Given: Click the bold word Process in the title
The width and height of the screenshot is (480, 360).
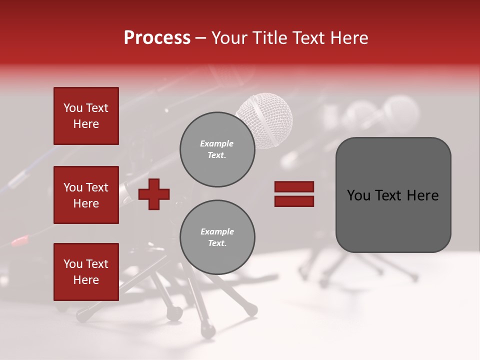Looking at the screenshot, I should [157, 37].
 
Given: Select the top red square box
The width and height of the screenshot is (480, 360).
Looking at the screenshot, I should [86, 116].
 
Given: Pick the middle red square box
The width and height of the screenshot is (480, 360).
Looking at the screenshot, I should [86, 195].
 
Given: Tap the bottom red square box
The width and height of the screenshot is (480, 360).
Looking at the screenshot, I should [86, 272].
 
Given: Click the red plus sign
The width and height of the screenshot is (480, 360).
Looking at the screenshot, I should [154, 194].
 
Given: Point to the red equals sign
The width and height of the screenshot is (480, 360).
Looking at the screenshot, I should [294, 194].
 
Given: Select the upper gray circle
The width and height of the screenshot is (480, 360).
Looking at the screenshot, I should [217, 149].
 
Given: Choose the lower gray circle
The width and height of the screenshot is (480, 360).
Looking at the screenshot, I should [217, 237].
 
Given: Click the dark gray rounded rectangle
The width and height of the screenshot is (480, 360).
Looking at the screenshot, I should [393, 195].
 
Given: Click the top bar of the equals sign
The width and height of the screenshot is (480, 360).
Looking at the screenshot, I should [294, 187].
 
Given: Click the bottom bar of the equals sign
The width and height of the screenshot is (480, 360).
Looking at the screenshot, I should [294, 201].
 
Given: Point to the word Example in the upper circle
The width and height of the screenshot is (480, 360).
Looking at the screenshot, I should [217, 144].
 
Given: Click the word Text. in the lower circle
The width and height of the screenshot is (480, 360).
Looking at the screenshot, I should [217, 243].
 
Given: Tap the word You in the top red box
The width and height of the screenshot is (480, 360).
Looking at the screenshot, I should [73, 108].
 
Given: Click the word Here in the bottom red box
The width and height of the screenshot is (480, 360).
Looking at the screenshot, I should [86, 280].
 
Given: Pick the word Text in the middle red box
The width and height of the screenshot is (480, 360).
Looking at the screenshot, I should [97, 187].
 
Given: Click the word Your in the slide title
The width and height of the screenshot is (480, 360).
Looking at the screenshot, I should [230, 37].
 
